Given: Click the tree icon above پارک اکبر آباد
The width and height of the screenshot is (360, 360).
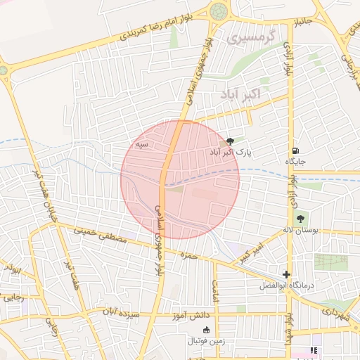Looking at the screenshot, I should [x=231, y=141].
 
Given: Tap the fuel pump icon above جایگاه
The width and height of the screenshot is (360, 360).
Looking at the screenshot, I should [x=295, y=150].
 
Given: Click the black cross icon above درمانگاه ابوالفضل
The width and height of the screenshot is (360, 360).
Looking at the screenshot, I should [x=286, y=274].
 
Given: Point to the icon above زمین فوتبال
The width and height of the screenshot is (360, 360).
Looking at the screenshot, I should [x=206, y=330].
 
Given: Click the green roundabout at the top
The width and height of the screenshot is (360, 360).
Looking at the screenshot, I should [x=219, y=11].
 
